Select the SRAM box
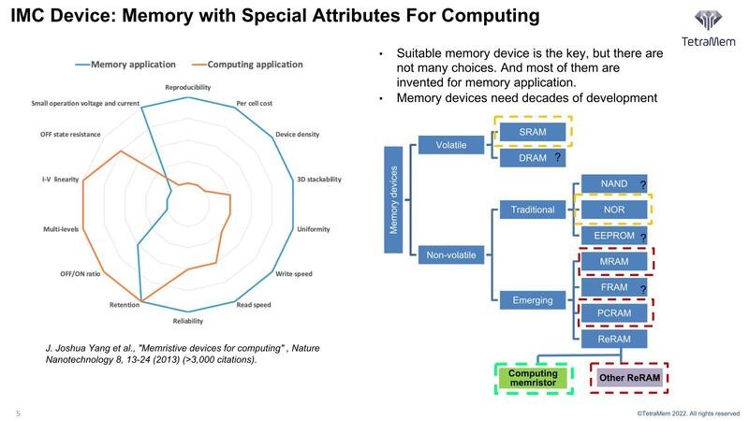(532, 133)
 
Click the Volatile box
(452, 145)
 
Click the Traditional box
(533, 210)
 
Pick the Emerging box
(533, 300)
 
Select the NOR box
(613, 210)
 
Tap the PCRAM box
(613, 312)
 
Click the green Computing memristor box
(533, 378)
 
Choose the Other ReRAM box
(628, 378)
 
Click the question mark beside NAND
(643, 183)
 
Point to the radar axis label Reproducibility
(187, 87)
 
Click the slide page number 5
(18, 413)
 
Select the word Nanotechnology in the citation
(88, 360)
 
